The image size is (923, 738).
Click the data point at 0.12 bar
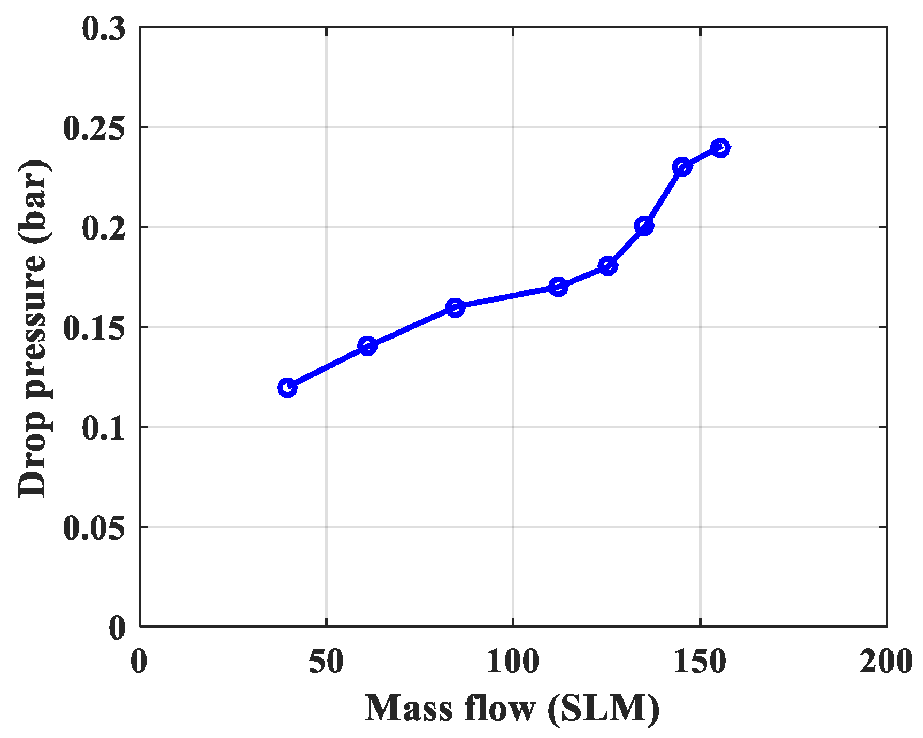pos(287,387)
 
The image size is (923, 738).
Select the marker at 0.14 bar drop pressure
pos(367,346)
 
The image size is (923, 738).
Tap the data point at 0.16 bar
pos(455,307)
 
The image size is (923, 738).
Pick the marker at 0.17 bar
pos(558,287)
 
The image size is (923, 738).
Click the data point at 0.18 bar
pos(608,266)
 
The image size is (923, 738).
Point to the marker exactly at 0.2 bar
pos(644,226)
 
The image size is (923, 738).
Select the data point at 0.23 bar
pos(682,167)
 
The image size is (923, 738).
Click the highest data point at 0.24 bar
pos(720,147)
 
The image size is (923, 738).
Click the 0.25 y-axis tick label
pos(95,128)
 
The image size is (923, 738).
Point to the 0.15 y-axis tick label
pos(95,328)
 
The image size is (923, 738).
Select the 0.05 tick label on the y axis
pos(95,528)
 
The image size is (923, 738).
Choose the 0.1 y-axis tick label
pos(104,428)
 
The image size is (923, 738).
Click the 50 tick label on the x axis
pos(326,661)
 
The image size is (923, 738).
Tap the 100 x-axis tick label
pos(513,661)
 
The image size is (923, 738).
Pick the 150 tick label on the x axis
pos(699,661)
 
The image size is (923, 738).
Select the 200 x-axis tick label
pos(886,661)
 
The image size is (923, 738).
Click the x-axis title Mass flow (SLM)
pos(512,709)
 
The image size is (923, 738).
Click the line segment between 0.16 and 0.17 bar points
pos(506,297)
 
